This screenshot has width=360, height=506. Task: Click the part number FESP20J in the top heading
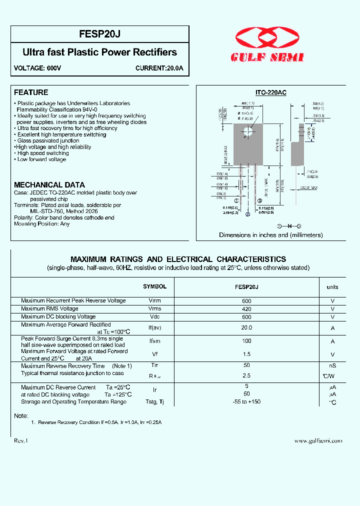(99, 34)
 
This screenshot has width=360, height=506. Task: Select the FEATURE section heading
(31, 92)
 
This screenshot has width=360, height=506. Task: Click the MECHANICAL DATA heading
(49, 184)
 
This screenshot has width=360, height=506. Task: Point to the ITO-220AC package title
(271, 93)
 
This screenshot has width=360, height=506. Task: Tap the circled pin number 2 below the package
(247, 215)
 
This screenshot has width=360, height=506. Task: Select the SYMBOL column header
(154, 286)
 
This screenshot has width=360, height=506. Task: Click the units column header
(332, 287)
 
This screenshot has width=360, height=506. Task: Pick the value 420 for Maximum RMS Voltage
(246, 309)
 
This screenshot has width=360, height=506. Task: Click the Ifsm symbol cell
(154, 340)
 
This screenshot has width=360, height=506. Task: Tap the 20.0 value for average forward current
(246, 327)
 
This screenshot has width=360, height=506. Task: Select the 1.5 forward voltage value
(246, 354)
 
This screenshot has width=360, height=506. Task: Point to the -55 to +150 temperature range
(246, 401)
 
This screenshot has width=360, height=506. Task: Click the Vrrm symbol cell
(154, 301)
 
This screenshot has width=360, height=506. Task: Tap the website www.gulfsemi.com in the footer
(318, 440)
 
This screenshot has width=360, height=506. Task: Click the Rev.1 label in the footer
(21, 440)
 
